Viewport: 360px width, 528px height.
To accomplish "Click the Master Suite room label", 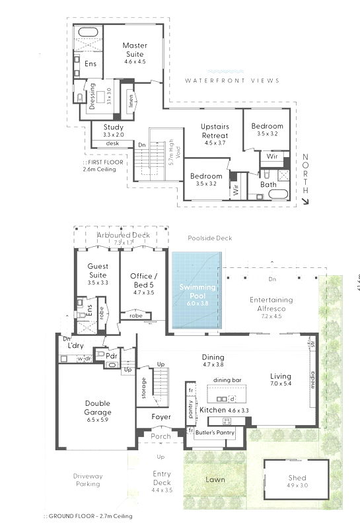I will (x=134, y=49).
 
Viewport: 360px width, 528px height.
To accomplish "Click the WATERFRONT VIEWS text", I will (x=232, y=81).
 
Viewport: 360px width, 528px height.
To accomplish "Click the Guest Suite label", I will (x=98, y=270).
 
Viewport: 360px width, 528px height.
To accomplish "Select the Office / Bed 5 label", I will (x=143, y=280).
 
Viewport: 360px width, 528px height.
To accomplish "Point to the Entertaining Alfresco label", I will (x=271, y=304).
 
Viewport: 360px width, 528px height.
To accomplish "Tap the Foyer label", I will (x=161, y=417).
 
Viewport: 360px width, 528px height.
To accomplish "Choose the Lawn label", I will (x=215, y=480).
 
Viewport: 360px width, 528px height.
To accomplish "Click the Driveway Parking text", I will (x=87, y=480).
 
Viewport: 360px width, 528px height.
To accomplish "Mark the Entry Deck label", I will (x=162, y=478).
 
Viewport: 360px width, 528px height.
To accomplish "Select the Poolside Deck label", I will (x=209, y=238).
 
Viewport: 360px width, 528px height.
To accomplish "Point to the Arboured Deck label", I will (x=123, y=235).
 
